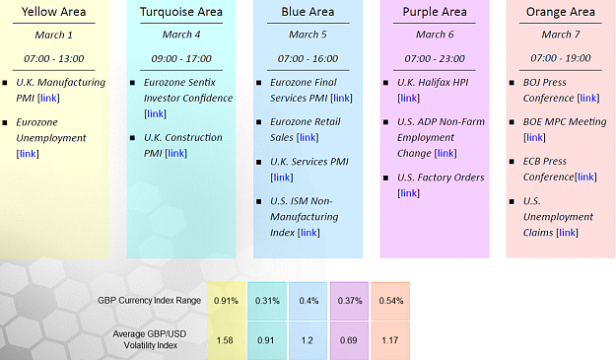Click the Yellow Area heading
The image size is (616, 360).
[54, 12]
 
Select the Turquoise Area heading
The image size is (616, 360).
[181, 12]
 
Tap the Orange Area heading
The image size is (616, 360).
[561, 12]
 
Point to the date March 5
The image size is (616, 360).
[308, 35]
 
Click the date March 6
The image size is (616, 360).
[435, 35]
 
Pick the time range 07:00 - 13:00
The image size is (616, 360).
[54, 58]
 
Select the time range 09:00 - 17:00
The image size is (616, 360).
[181, 58]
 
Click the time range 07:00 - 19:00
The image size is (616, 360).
[561, 58]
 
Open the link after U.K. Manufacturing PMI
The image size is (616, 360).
[48, 98]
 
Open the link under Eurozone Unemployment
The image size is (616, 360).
[28, 154]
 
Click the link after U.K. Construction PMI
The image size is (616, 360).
[176, 153]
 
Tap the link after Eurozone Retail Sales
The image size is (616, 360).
[308, 137]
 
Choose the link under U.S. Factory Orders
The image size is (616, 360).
[409, 193]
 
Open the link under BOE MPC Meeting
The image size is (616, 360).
[534, 137]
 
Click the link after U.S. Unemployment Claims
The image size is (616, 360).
[568, 232]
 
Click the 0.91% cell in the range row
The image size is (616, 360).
[227, 301]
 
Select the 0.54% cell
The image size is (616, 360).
[391, 301]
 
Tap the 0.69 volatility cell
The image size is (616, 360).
[349, 340]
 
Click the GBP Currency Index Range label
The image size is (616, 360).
[149, 301]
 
